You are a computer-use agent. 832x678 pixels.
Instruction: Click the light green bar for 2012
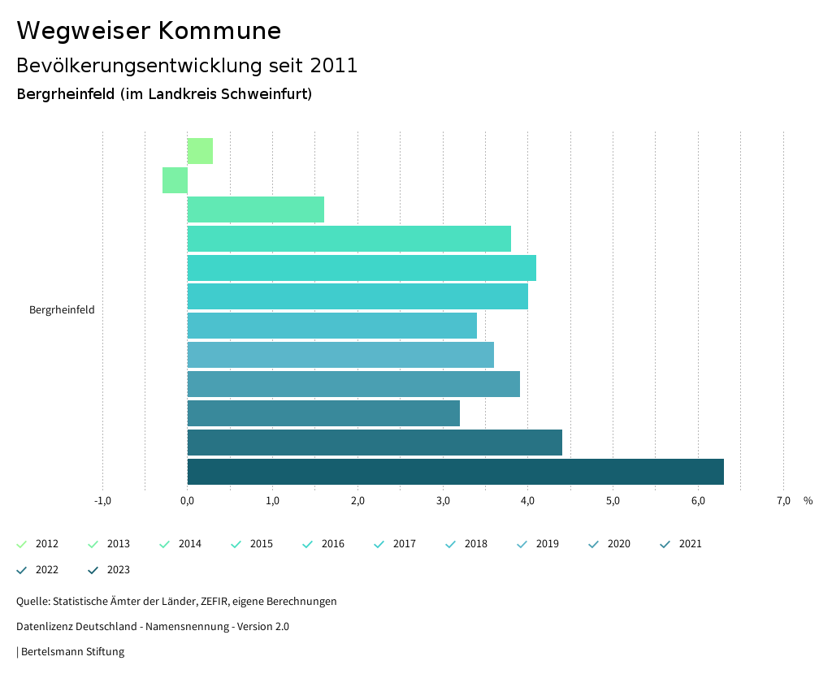200,151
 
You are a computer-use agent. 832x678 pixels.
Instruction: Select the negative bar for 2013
175,180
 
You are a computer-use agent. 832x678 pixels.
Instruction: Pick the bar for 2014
256,209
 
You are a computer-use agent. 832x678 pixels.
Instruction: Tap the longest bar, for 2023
455,472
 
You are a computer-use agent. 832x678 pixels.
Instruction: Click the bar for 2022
375,443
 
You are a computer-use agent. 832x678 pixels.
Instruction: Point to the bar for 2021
323,413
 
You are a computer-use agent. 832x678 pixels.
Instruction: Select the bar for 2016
362,268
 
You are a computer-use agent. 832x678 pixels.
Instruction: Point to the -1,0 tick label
102,501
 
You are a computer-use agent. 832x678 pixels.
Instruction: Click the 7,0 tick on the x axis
783,501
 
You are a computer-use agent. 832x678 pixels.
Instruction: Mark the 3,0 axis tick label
443,501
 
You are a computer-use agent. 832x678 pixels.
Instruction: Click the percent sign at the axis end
808,501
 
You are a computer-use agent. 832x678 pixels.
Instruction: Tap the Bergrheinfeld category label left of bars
62,310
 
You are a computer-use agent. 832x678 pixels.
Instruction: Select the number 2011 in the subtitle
334,66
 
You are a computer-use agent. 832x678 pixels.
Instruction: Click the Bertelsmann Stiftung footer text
72,652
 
